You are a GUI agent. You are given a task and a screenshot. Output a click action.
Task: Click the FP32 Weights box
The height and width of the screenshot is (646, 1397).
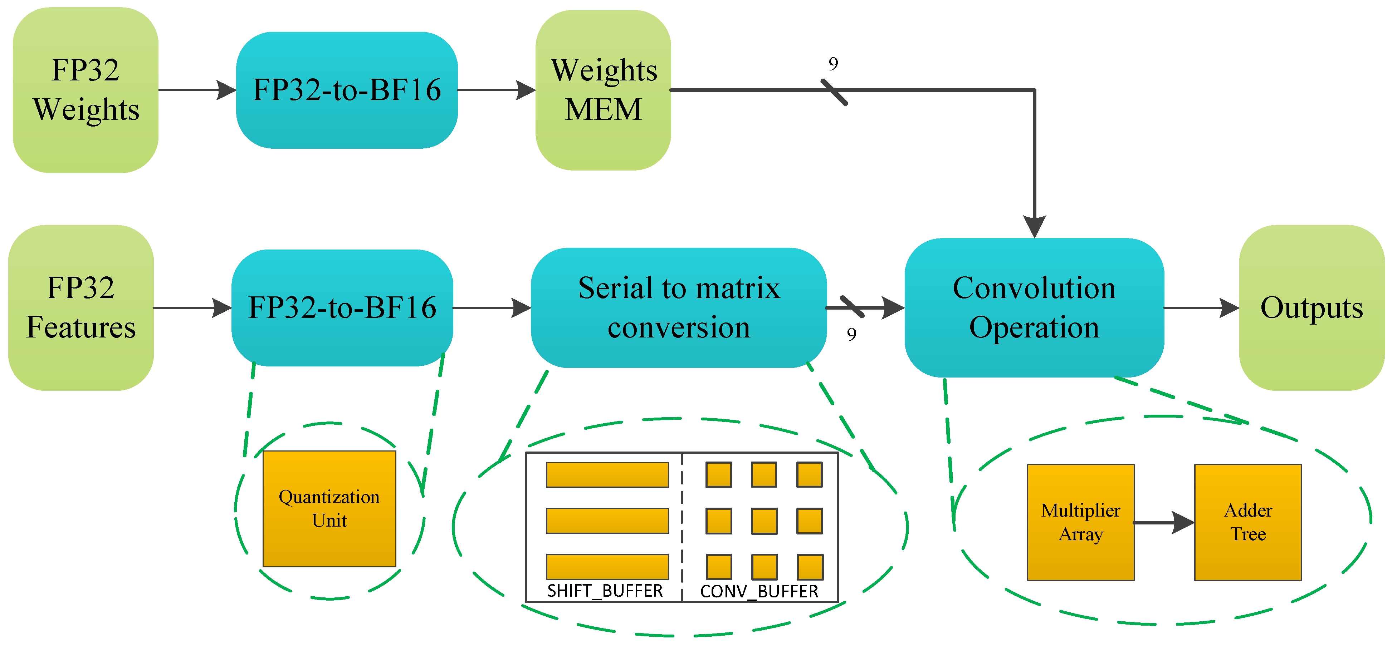tap(86, 90)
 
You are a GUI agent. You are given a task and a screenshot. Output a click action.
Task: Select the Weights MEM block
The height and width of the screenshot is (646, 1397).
tap(603, 90)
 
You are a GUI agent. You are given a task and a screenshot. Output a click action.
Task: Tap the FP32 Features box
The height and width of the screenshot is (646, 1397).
tap(81, 307)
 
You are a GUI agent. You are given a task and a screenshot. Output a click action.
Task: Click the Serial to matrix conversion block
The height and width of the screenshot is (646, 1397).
tap(678, 307)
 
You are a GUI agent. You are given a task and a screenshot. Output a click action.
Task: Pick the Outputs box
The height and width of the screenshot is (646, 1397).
tap(1311, 307)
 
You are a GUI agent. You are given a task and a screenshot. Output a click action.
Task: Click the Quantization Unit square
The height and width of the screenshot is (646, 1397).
tap(329, 508)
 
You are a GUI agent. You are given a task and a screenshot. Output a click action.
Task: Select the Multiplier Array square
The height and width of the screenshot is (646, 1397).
tap(1080, 522)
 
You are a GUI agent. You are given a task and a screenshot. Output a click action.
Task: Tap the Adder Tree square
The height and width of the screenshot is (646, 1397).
tap(1247, 522)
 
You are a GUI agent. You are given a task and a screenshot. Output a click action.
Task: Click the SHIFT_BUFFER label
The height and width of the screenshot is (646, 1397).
tap(605, 590)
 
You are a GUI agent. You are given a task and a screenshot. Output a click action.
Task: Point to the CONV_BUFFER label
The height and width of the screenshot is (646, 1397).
tap(759, 591)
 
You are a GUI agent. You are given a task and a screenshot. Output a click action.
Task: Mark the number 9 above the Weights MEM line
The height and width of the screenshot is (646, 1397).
tap(833, 64)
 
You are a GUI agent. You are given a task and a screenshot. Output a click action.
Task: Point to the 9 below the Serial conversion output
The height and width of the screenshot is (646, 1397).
tap(851, 334)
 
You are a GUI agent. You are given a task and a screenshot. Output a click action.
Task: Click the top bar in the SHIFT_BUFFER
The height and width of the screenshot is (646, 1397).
tap(607, 475)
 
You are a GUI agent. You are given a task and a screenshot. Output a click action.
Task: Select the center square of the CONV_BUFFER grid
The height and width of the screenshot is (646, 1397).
tap(764, 521)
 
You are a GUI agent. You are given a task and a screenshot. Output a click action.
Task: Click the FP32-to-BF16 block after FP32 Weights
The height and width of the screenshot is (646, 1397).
tap(347, 90)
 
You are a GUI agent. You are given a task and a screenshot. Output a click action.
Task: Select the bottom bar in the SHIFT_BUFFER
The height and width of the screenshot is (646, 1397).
tap(607, 566)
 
